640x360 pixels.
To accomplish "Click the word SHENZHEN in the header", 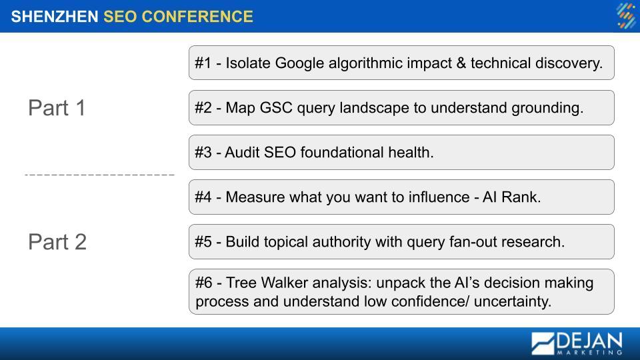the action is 54,17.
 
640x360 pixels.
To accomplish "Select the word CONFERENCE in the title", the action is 197,17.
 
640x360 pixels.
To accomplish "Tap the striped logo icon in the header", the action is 626,16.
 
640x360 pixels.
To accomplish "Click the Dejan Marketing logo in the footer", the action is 577,343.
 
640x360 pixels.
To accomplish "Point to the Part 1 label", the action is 57,108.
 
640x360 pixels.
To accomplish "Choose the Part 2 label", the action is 57,241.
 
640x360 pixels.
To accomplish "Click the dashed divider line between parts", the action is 99,175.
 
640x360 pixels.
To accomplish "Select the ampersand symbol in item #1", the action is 461,63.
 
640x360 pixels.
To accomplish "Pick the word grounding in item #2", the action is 547,108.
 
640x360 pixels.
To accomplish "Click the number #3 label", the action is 203,153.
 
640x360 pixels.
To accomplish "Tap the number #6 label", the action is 203,283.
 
